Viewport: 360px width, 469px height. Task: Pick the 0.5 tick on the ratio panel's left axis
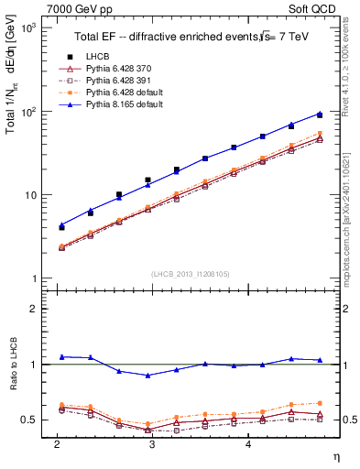pyautogui.click(x=30, y=420)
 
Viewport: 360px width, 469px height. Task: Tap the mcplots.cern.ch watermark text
pyautogui.click(x=352, y=192)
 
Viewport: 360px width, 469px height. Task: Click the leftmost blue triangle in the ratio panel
pyautogui.click(x=61, y=356)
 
